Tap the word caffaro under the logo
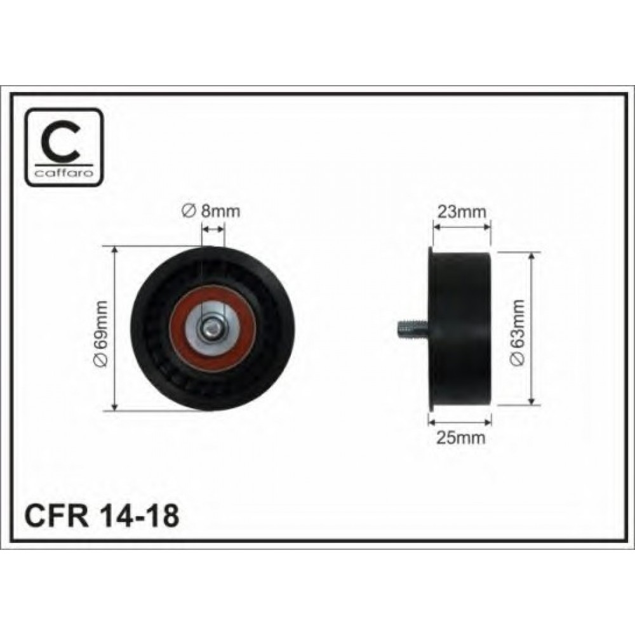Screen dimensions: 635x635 (63, 173)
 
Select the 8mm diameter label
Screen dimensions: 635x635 (211, 211)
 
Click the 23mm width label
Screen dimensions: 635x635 (461, 211)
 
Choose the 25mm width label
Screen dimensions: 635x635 (461, 438)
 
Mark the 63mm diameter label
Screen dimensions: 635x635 (518, 333)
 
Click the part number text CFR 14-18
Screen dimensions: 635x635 (102, 516)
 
